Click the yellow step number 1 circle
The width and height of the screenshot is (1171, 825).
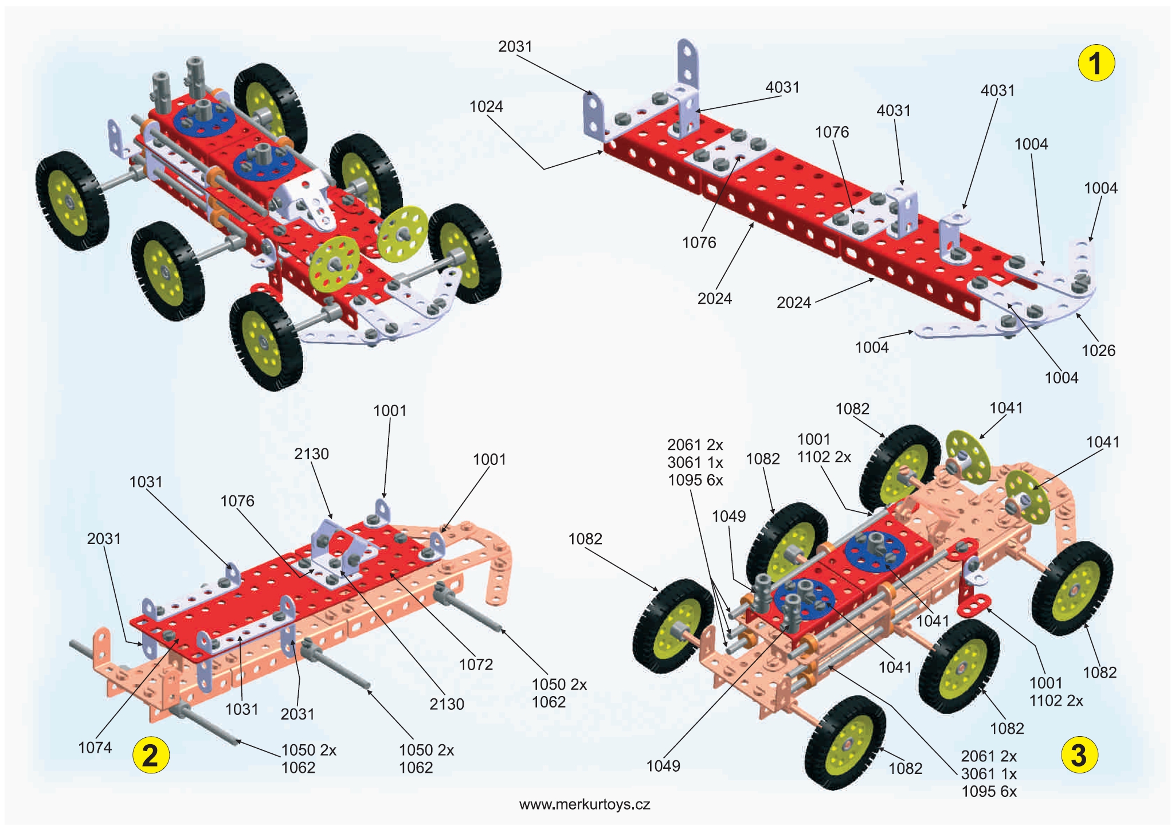[x=1095, y=63]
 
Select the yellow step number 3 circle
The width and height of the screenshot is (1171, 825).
[x=1079, y=754]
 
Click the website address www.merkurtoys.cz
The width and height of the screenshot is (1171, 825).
[x=585, y=804]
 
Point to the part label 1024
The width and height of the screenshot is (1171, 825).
[x=486, y=107]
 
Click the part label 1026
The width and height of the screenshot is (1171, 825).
[x=1098, y=350]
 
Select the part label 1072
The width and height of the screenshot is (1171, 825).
[x=476, y=664]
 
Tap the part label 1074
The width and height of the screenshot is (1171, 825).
[x=95, y=747]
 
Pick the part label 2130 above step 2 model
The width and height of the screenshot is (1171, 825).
[x=311, y=453]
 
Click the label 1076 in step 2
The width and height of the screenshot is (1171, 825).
[x=237, y=501]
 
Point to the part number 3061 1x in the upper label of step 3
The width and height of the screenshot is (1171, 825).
[x=695, y=462]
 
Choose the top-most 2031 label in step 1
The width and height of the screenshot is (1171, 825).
[x=515, y=46]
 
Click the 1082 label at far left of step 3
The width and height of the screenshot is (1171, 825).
[x=585, y=538]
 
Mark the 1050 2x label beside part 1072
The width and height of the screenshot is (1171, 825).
[x=559, y=684]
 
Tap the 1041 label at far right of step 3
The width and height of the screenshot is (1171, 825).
[x=1103, y=441]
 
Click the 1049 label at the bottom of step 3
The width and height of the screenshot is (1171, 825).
[x=663, y=765]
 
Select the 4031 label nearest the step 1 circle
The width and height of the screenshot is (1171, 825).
[x=997, y=91]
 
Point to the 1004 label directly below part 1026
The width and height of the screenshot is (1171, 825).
[x=1062, y=377]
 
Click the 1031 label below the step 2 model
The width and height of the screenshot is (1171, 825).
[x=242, y=709]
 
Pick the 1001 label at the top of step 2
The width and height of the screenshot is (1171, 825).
[x=390, y=410]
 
